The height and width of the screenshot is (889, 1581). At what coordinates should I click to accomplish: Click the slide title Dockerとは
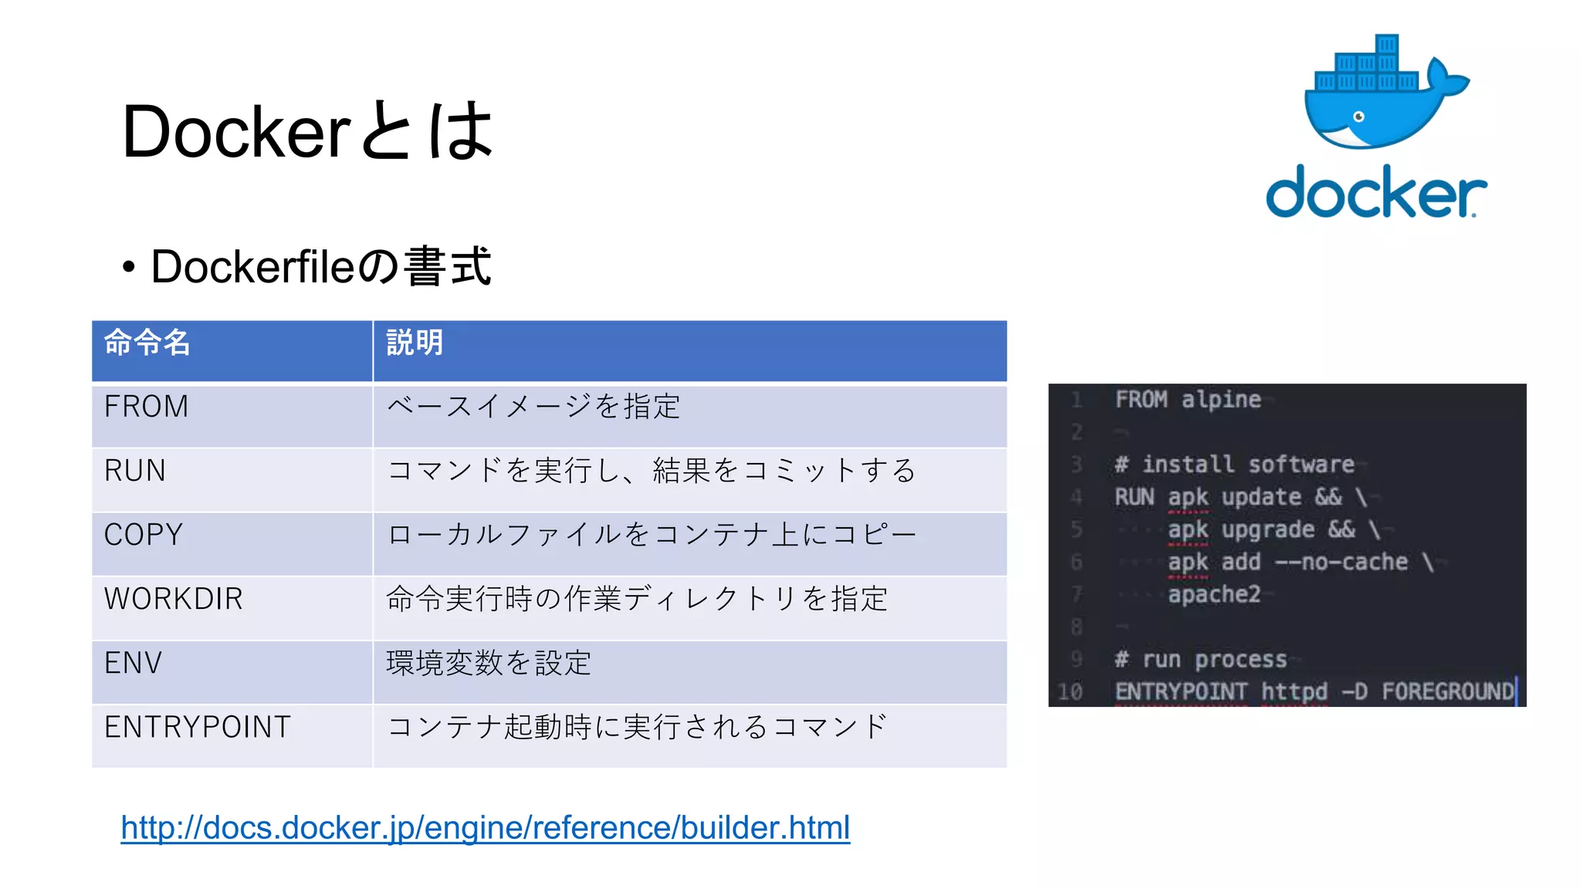(307, 131)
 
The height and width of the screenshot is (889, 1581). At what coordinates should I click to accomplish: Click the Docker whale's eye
(1359, 117)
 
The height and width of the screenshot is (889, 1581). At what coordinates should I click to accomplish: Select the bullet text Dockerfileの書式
(320, 267)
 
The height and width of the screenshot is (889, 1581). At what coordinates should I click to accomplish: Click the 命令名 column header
(147, 343)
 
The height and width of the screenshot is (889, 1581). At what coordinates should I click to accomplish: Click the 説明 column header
(415, 343)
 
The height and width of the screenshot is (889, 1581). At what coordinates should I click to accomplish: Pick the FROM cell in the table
(147, 407)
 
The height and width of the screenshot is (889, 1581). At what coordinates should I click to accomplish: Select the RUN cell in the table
(135, 471)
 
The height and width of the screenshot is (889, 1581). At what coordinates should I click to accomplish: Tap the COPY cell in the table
(144, 535)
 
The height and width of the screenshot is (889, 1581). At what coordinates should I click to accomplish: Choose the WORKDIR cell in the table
(174, 599)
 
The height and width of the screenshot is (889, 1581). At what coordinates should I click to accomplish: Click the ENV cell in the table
(133, 663)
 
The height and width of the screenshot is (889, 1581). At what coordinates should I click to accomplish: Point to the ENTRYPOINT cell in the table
(198, 727)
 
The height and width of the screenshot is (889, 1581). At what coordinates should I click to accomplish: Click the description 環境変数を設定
(489, 663)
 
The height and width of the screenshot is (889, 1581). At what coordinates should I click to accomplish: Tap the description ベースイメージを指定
(533, 407)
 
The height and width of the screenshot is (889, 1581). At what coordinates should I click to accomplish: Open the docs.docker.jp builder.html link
(486, 828)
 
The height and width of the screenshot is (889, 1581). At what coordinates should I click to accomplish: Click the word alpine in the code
(1220, 400)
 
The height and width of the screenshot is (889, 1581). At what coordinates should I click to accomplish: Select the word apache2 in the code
(1214, 594)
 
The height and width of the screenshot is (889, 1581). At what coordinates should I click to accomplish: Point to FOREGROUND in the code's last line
(1447, 691)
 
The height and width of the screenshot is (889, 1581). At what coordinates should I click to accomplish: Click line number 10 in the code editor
(1070, 691)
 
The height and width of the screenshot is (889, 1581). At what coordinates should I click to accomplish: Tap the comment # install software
(1234, 465)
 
